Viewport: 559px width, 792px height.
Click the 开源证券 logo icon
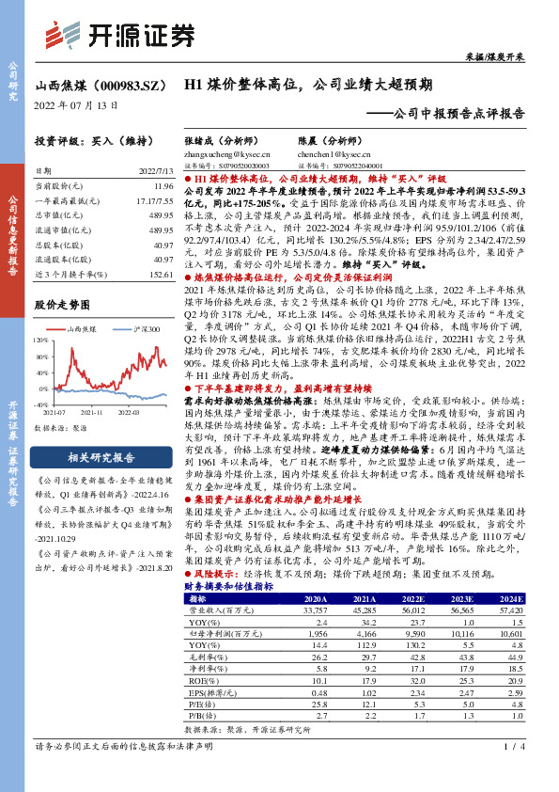click(x=67, y=36)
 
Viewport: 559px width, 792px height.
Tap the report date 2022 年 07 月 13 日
click(x=76, y=105)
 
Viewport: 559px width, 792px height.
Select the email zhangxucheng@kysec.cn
click(x=226, y=152)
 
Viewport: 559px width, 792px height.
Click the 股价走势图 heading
click(x=61, y=306)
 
